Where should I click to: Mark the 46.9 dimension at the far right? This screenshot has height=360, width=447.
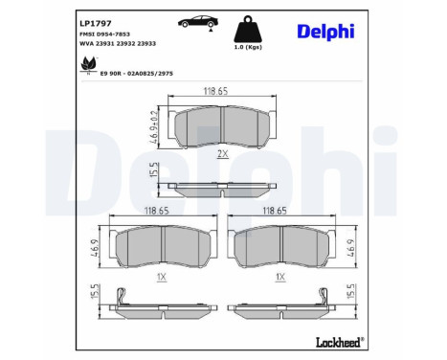click(350, 247)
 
